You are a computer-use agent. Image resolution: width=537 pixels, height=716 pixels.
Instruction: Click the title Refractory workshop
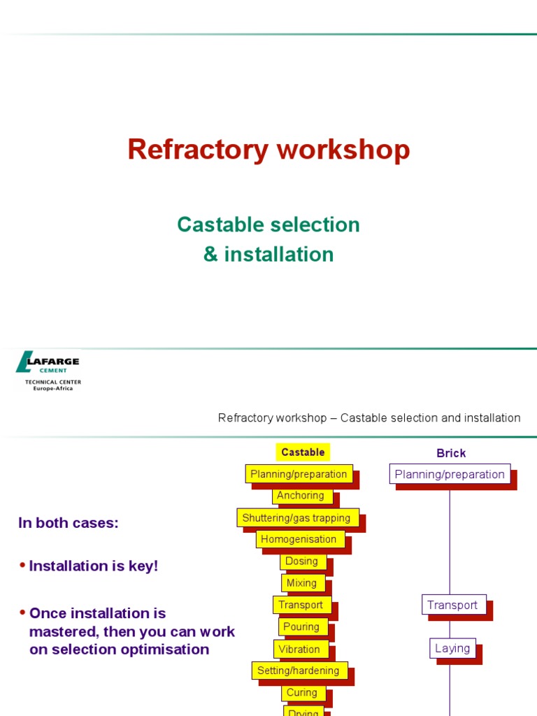coord(268,150)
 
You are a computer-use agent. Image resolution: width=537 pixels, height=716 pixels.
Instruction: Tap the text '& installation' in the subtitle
coord(268,255)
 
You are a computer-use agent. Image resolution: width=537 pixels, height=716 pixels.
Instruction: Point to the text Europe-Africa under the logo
coord(53,388)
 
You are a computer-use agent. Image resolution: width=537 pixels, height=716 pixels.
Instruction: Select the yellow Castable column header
coord(303,452)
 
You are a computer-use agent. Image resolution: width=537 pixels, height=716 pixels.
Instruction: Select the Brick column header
coord(451,453)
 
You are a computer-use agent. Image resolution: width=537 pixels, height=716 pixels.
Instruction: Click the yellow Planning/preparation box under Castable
coord(299,474)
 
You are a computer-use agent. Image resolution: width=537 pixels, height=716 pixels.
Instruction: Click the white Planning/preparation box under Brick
coord(450,474)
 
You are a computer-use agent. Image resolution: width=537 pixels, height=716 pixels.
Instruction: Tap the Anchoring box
coord(301,496)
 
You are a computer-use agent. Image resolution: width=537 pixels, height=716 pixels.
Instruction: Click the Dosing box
coord(301,561)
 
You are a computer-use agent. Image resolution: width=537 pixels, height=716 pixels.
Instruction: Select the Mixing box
coord(301,583)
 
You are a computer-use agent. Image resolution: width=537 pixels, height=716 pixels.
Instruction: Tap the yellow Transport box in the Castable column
coord(301,606)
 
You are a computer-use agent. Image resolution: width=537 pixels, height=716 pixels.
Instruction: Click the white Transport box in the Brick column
coord(453,606)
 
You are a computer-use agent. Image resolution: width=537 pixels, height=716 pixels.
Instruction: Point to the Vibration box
coord(299,649)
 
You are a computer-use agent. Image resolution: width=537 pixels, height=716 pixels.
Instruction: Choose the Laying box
coord(452,648)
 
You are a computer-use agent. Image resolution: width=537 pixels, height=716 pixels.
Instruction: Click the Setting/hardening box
coord(299,671)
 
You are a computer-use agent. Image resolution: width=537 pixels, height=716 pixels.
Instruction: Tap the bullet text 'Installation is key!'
coord(94,566)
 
